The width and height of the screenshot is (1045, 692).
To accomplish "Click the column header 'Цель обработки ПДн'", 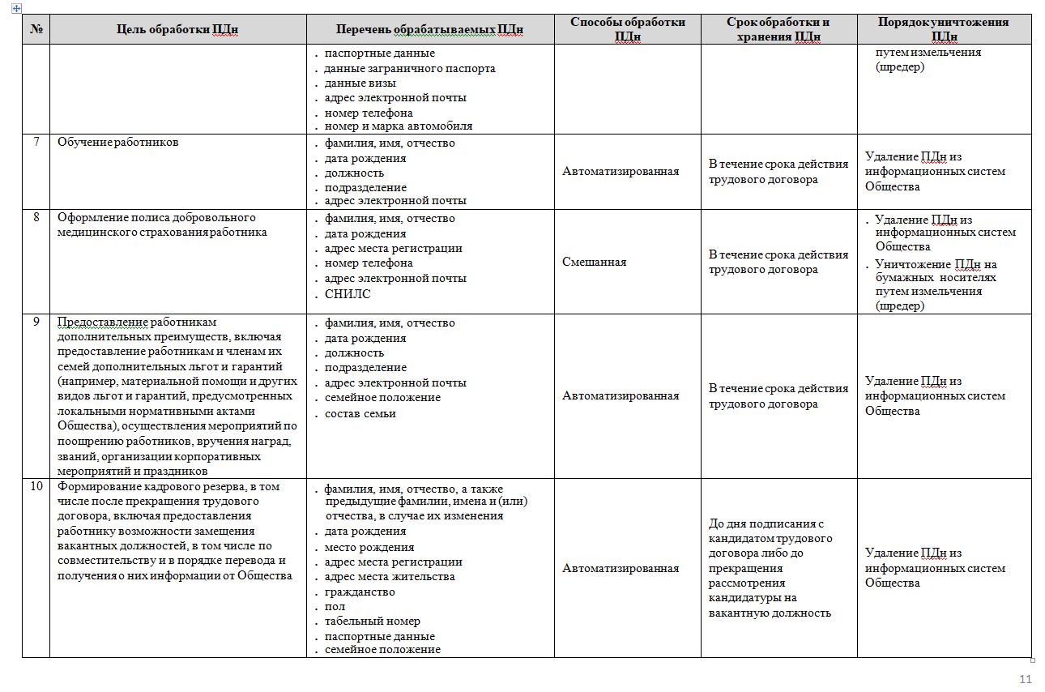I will coord(177,30).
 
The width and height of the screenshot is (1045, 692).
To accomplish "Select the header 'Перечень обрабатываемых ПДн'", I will coord(429,30).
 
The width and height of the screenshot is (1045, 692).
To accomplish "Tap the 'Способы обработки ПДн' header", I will coord(627,29).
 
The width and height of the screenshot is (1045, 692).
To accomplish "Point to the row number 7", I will coord(36,142).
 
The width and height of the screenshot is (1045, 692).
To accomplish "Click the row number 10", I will coord(36,486).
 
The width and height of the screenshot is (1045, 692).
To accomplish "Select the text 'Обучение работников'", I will coord(118,142).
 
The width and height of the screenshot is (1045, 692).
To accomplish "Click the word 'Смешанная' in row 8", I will coord(594,262).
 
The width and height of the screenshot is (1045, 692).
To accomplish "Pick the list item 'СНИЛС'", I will coord(348,294).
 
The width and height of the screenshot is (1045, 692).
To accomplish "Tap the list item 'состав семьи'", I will coord(360,413).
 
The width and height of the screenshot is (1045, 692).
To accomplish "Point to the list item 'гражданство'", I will coord(360,592).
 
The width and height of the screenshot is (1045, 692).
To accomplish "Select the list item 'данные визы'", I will coord(360,83).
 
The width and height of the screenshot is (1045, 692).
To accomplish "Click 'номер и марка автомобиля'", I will coord(399,126).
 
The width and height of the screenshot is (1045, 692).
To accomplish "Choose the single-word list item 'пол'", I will coord(335,606).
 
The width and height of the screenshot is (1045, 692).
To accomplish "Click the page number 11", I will coord(1025,679).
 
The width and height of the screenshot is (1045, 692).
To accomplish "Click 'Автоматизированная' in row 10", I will coord(621,568).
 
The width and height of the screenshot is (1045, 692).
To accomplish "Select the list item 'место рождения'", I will coord(369,547).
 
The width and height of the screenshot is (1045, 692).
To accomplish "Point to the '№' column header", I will coord(36,30).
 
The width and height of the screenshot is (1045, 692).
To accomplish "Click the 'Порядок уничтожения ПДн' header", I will coord(944,29).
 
